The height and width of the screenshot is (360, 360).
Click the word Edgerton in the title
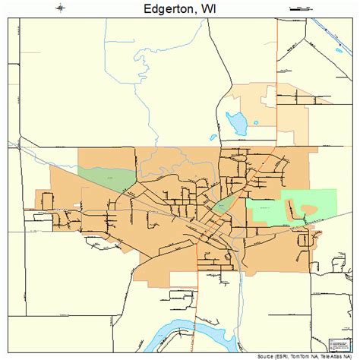point(162,10)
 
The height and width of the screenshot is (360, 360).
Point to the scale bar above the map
point(299,9)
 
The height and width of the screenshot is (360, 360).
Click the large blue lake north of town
point(237,121)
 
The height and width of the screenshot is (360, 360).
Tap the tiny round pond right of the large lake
point(256,122)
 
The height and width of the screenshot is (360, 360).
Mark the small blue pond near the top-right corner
point(339,52)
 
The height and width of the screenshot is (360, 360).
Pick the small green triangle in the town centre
point(222,204)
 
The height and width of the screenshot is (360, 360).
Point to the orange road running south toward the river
point(199,304)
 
